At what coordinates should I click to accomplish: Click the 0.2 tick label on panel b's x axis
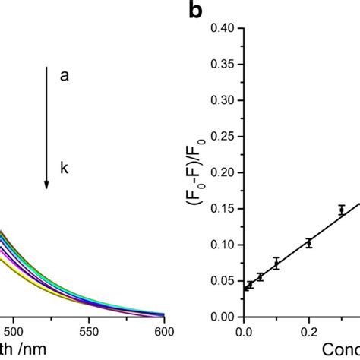(x=308, y=332)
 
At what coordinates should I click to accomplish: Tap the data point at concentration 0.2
(x=309, y=243)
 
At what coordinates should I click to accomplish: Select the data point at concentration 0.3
(x=342, y=210)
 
